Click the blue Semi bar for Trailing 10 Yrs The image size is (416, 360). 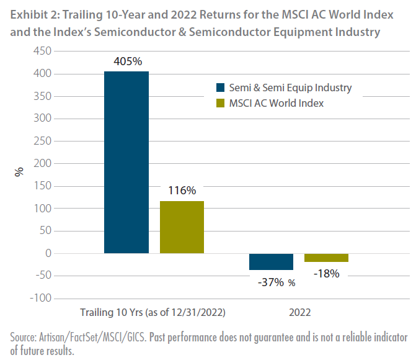point(126,163)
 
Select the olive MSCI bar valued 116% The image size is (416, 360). point(182,227)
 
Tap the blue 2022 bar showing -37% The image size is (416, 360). point(271,262)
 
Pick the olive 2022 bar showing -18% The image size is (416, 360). point(326,258)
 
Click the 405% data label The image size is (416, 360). point(128,61)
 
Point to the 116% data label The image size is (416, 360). point(182,191)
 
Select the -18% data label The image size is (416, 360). point(326,273)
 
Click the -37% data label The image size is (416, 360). point(271,282)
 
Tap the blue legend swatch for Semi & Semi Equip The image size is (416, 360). point(220,88)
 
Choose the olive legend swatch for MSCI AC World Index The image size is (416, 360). point(220,103)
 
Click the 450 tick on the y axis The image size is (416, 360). point(42,51)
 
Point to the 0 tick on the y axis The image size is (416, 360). point(48,253)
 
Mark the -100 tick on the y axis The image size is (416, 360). point(40,298)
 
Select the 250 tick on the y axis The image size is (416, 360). point(42,141)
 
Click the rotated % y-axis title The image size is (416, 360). point(19,172)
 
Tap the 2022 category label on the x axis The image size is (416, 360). point(300,312)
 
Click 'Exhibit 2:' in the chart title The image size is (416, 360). point(35,15)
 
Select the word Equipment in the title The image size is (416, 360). point(303,32)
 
